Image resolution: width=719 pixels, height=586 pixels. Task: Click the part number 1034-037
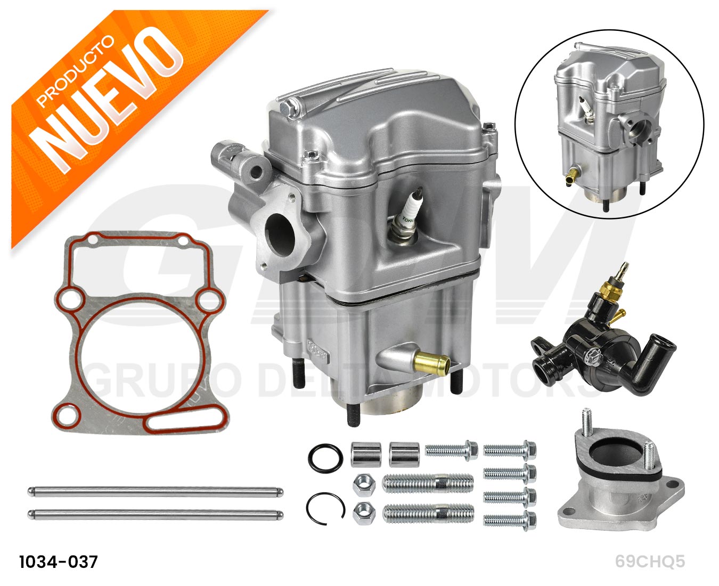pos(59,562)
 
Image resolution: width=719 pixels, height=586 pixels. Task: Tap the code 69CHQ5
pos(650,561)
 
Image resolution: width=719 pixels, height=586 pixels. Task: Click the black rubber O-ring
pos(326,458)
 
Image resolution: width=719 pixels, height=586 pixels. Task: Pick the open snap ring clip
pos(325,508)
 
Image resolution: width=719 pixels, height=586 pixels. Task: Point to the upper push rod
pos(156,492)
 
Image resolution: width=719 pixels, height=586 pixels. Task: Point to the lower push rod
pos(156,515)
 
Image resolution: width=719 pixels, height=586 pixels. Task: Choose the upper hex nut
pos(364,485)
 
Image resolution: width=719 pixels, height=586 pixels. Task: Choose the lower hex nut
pos(364,514)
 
